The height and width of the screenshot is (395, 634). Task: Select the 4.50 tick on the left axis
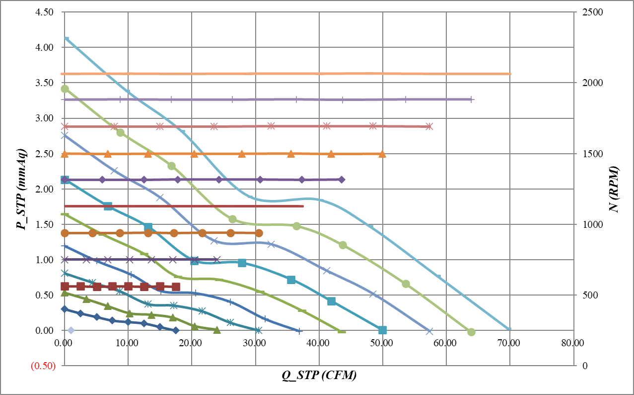tap(45, 12)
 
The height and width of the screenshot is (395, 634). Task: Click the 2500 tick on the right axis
tap(589, 12)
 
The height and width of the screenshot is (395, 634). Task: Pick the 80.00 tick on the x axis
tap(573, 343)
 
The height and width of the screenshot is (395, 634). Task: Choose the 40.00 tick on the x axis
tap(319, 343)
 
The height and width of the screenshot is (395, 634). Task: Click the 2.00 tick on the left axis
tap(45, 189)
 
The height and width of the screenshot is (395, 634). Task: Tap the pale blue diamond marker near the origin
tap(71, 330)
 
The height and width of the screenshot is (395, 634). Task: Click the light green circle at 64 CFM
tap(471, 332)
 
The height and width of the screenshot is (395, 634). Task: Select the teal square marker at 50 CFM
tap(382, 330)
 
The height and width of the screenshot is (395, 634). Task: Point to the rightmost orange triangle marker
tap(382, 154)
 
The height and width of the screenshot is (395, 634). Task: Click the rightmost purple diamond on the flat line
tap(341, 179)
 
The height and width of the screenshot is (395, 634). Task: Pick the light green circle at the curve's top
tap(65, 89)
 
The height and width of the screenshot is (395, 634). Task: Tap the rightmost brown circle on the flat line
tap(259, 233)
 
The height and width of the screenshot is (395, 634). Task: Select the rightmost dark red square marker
tap(176, 287)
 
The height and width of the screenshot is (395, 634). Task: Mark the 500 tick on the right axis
tap(587, 295)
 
